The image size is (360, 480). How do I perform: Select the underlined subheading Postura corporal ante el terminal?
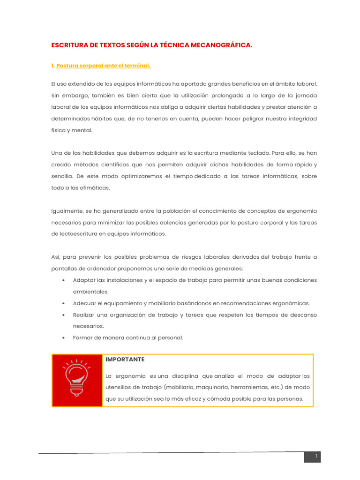click(x=104, y=66)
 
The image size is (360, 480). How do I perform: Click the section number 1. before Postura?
click(x=53, y=66)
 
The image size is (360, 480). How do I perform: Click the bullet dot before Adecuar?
click(x=63, y=303)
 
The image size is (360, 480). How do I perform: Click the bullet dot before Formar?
click(x=63, y=338)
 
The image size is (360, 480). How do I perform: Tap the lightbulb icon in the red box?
click(x=77, y=380)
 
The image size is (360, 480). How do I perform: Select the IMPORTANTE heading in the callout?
click(x=125, y=360)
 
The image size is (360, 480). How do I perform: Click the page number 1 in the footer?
click(x=316, y=457)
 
